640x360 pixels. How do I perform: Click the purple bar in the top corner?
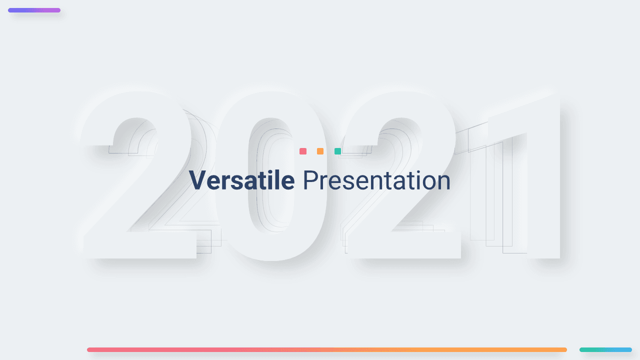pos(34,10)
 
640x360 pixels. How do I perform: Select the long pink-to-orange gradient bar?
pos(327,349)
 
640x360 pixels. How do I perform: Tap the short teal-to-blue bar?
pos(605,349)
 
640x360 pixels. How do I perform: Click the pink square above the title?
pos(303,151)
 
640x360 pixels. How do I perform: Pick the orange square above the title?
pos(320,151)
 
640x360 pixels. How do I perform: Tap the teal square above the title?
pos(337,151)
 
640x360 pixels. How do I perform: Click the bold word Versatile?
pos(241,180)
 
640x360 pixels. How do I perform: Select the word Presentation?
pos(376,180)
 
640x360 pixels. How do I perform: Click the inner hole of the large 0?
pos(271,175)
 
